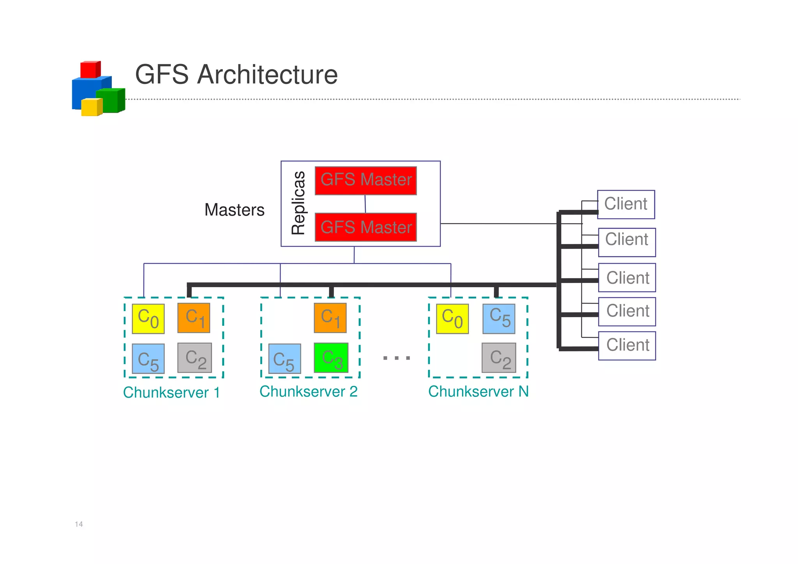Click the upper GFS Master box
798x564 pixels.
[x=365, y=180]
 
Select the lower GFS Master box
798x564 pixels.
[x=365, y=227]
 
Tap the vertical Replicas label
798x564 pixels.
[x=298, y=203]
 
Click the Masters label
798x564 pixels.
[x=234, y=210]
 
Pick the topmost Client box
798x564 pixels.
[x=626, y=204]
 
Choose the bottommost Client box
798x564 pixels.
[x=627, y=346]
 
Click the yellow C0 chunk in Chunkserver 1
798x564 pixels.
[x=148, y=319]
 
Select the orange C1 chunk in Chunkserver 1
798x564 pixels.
[x=194, y=318]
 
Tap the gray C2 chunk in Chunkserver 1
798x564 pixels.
[x=194, y=358]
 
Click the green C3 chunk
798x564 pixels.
[x=331, y=358]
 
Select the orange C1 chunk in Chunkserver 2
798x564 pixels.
[x=330, y=318]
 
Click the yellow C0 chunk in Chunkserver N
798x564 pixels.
[x=452, y=319]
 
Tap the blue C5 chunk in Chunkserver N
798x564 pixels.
[x=499, y=319]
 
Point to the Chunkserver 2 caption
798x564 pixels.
[x=308, y=392]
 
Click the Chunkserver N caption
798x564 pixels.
[x=478, y=392]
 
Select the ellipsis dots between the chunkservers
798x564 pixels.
[x=396, y=358]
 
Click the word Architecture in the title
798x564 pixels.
[x=267, y=74]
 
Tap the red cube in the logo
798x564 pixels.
[x=90, y=70]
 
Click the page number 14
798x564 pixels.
[x=79, y=524]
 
